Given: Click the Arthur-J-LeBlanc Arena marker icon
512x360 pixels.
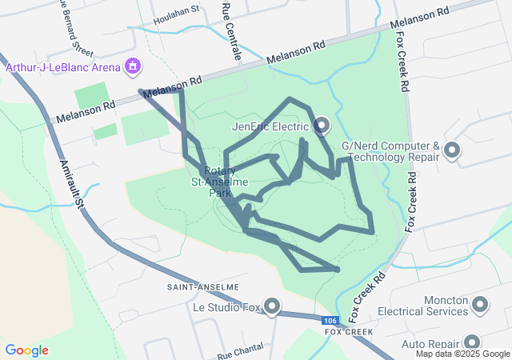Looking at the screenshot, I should pyautogui.click(x=133, y=66).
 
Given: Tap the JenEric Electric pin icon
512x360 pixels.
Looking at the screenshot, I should pyautogui.click(x=322, y=126).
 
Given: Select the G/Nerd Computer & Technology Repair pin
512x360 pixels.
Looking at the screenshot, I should pyautogui.click(x=452, y=150).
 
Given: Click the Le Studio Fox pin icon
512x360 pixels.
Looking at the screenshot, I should pyautogui.click(x=272, y=306).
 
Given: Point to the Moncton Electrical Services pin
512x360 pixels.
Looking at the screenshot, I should pyautogui.click(x=480, y=304).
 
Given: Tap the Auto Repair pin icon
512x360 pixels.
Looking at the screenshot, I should pyautogui.click(x=471, y=343).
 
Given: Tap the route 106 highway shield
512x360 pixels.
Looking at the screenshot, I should pyautogui.click(x=330, y=321).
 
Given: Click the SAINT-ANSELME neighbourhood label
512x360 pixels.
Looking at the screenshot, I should pyautogui.click(x=202, y=286).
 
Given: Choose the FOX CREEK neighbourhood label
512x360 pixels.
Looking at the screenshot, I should pyautogui.click(x=349, y=331).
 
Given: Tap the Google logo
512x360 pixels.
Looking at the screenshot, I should pyautogui.click(x=27, y=350).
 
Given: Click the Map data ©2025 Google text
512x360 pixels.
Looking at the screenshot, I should pyautogui.click(x=462, y=354).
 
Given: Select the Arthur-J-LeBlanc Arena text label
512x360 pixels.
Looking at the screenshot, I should pyautogui.click(x=64, y=66).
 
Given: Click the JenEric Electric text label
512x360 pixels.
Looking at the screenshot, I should pyautogui.click(x=270, y=126).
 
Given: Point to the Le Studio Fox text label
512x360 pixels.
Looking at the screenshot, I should pyautogui.click(x=227, y=306).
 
